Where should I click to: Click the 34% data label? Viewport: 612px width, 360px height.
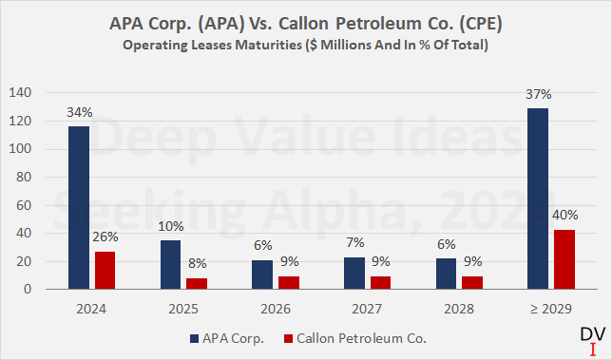(x=80, y=113)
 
